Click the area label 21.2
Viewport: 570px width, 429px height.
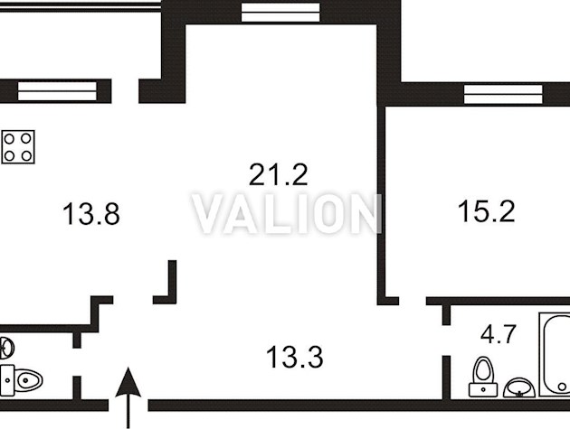click(279, 174)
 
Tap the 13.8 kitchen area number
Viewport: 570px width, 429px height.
click(91, 214)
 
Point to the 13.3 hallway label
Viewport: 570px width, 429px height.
click(295, 357)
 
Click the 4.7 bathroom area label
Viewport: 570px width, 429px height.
click(499, 334)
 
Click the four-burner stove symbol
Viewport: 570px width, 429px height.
click(18, 146)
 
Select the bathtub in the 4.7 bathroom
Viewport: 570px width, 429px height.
click(555, 355)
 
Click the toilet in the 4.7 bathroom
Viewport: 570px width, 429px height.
click(483, 378)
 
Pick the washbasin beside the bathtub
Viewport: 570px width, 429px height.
click(519, 387)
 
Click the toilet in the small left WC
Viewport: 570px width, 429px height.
click(21, 380)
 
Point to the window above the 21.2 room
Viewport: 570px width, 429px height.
click(280, 12)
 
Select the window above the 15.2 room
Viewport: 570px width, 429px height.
click(503, 94)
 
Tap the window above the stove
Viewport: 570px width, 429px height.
click(57, 90)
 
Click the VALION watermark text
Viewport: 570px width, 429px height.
click(287, 213)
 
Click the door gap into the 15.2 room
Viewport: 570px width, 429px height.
click(413, 301)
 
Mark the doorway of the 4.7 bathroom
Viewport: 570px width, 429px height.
click(446, 340)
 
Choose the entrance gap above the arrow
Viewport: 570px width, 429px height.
click(128, 406)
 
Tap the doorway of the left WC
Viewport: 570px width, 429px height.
click(77, 362)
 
